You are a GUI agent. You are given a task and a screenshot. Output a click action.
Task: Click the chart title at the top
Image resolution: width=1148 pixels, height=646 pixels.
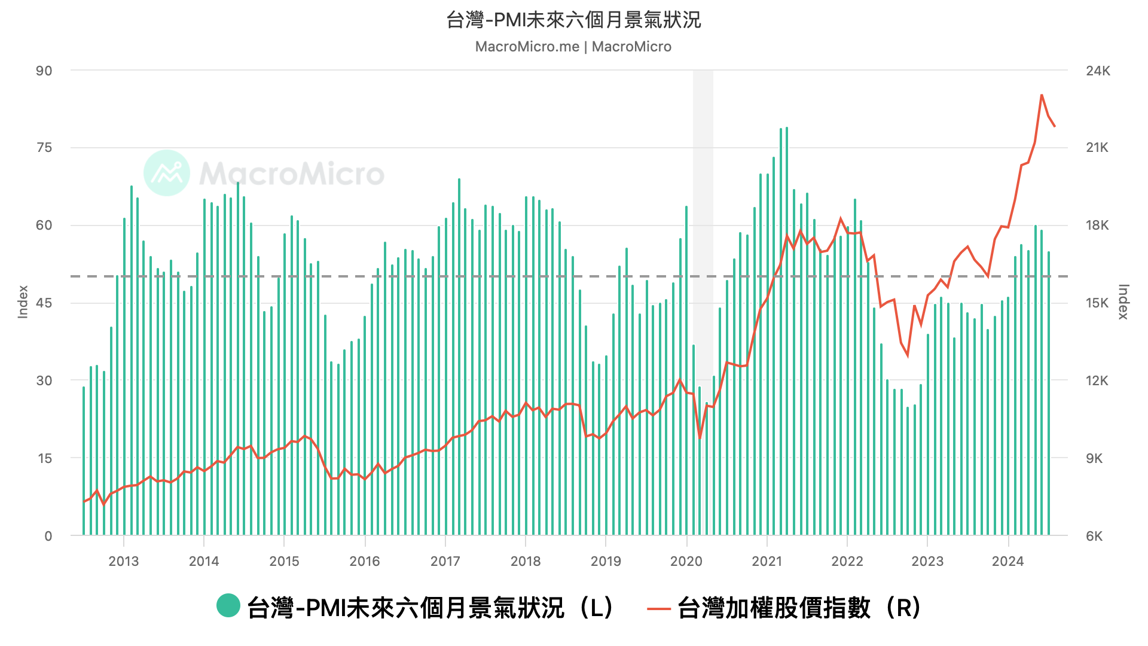(x=573, y=20)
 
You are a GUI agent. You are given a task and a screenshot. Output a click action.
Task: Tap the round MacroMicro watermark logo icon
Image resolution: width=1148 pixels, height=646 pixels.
(x=167, y=173)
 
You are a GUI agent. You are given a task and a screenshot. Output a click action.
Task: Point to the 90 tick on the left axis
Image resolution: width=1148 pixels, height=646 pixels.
(x=44, y=71)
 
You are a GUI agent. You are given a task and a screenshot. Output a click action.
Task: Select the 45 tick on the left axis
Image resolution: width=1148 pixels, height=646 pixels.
(x=44, y=303)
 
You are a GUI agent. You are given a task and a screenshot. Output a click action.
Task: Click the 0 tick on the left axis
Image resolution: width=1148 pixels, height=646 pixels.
(x=48, y=536)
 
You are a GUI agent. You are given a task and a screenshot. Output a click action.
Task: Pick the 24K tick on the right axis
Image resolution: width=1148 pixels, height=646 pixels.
(x=1098, y=71)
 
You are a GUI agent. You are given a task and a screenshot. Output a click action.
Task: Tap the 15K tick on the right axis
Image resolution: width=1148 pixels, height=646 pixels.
(x=1098, y=303)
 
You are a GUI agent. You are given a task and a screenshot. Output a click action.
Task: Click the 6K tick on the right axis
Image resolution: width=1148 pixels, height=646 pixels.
(x=1094, y=536)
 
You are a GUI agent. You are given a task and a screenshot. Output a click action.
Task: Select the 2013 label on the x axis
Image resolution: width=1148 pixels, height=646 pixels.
(x=124, y=561)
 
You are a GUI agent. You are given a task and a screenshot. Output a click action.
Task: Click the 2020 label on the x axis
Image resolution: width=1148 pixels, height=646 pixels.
(x=686, y=561)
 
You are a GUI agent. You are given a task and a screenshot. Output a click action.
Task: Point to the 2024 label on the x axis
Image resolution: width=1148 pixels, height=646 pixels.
(x=1008, y=561)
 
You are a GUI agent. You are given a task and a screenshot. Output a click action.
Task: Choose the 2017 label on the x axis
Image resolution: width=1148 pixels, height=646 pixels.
(x=445, y=561)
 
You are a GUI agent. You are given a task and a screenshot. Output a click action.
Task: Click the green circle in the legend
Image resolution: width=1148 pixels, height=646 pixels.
(x=228, y=606)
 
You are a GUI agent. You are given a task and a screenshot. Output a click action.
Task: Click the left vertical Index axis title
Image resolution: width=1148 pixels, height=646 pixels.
(x=23, y=301)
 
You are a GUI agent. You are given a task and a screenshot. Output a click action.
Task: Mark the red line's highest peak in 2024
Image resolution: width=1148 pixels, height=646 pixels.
(x=1042, y=95)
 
